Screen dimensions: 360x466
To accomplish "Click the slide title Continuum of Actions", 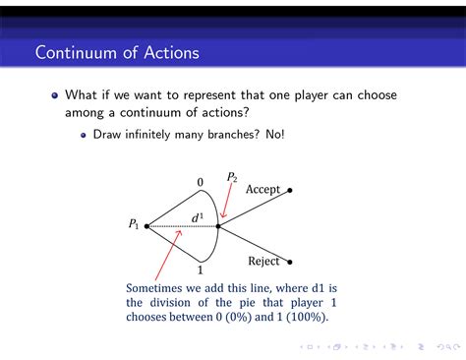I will (116, 52).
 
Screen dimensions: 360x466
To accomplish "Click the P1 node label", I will (134, 224).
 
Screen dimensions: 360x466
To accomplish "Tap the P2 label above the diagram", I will (232, 177).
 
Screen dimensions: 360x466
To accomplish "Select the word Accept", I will (262, 189).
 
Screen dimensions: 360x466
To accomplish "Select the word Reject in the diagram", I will (263, 262).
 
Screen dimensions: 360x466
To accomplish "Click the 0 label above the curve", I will (200, 182).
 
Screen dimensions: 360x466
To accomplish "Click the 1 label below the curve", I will (200, 270).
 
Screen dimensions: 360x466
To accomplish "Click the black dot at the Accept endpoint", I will (289, 190).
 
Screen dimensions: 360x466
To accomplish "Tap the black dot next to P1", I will (146, 226).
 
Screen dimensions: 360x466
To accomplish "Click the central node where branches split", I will (218, 226).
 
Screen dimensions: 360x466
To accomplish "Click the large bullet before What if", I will (55, 96).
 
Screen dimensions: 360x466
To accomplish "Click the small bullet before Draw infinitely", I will (85, 135).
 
